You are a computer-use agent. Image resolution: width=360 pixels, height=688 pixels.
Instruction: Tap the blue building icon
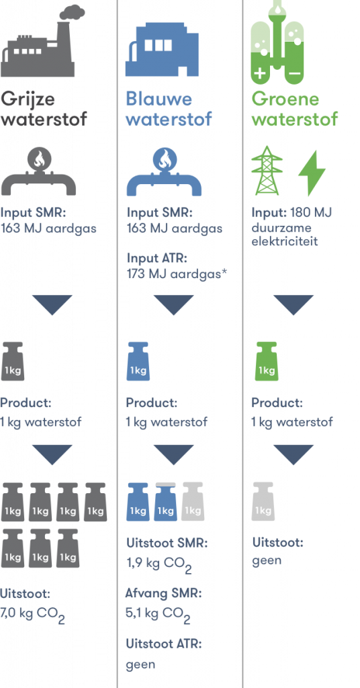pyautogui.click(x=163, y=49)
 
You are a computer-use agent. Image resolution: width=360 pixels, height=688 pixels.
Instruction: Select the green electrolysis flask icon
pyautogui.click(x=277, y=42)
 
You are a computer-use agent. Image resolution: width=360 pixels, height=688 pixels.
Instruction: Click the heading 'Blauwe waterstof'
pyautogui.click(x=169, y=109)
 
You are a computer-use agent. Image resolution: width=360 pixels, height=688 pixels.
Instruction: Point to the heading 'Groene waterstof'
pyautogui.click(x=295, y=109)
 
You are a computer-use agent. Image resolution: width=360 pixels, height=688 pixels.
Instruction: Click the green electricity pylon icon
pyautogui.click(x=267, y=171)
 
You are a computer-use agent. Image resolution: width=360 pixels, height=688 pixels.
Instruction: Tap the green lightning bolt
pyautogui.click(x=312, y=173)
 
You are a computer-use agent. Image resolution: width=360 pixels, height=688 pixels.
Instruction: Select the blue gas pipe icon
pyautogui.click(x=164, y=172)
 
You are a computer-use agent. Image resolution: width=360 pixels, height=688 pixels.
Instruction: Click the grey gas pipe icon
pyautogui.click(x=38, y=172)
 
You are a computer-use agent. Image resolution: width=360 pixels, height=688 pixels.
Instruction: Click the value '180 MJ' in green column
pyautogui.click(x=311, y=212)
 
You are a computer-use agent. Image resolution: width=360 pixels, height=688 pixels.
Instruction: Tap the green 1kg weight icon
pyautogui.click(x=266, y=361)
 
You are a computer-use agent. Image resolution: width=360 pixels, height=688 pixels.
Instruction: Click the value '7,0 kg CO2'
pyautogui.click(x=32, y=615)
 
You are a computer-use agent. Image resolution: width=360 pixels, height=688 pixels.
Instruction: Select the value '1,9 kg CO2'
pyautogui.click(x=159, y=564)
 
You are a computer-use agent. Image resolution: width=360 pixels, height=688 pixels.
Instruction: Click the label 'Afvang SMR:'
pyautogui.click(x=164, y=594)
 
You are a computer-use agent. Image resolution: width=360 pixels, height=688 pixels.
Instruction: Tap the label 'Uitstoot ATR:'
pyautogui.click(x=164, y=644)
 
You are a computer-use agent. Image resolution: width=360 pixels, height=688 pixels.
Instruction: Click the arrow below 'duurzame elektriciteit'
pyautogui.click(x=294, y=305)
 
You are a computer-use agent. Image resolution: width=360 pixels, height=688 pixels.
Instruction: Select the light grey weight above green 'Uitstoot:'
pyautogui.click(x=263, y=501)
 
